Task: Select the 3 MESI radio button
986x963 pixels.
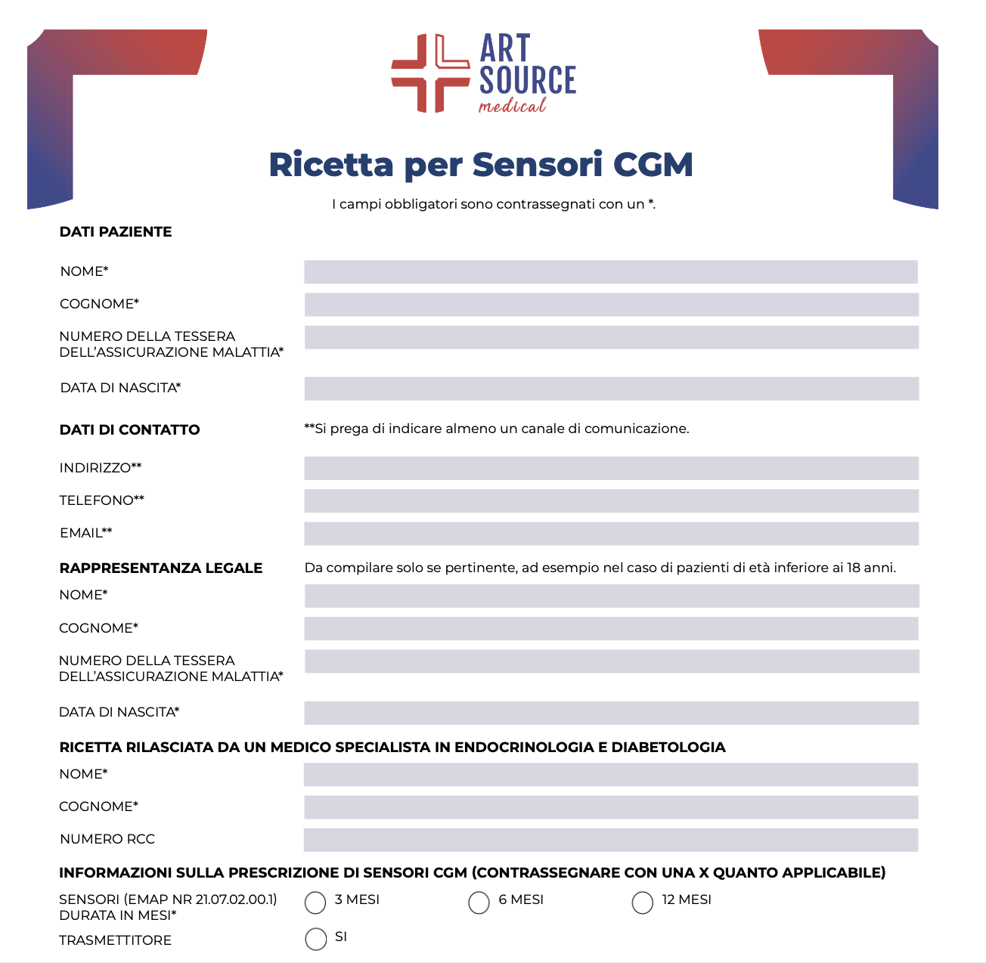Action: tap(315, 902)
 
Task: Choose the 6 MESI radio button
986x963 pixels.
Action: tap(479, 902)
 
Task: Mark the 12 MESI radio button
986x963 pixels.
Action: tap(642, 902)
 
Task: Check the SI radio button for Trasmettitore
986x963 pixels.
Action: tap(315, 939)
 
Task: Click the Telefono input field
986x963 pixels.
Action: tap(611, 500)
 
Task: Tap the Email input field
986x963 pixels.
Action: tap(611, 533)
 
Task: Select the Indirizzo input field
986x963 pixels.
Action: tap(611, 468)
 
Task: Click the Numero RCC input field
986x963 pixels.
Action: tap(611, 839)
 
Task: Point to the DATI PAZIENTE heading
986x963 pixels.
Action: tap(116, 232)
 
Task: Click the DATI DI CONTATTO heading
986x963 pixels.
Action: tap(129, 430)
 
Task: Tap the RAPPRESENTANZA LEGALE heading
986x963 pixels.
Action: tap(161, 568)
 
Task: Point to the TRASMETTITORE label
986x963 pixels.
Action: tap(115, 940)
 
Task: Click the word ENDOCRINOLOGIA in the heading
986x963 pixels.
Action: tap(524, 748)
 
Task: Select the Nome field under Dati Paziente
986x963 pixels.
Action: tap(611, 272)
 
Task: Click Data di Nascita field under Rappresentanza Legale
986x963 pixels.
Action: tap(611, 713)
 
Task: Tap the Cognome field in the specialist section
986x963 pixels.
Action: tap(611, 807)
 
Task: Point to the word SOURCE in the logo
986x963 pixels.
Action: tap(528, 80)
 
